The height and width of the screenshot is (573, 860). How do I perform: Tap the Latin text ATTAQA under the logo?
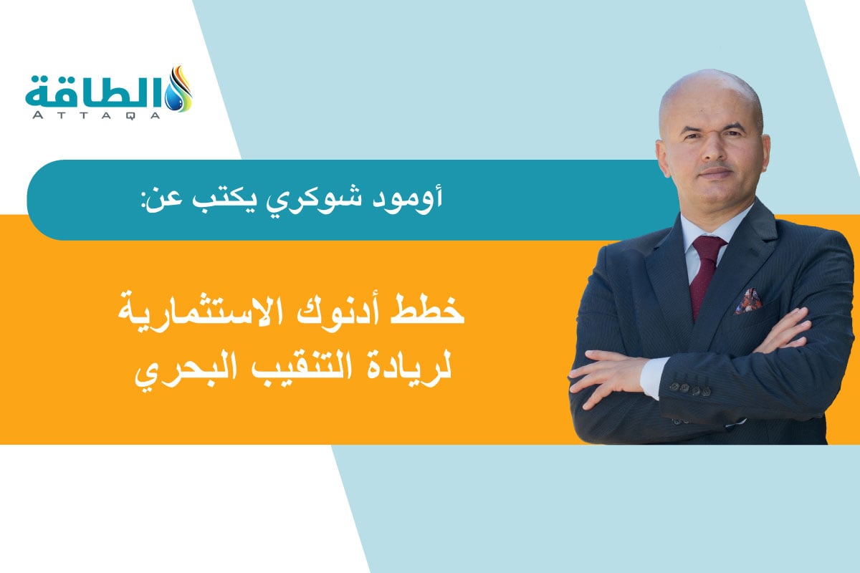point(97,115)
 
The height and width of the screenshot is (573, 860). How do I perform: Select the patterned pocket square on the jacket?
point(747,302)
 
